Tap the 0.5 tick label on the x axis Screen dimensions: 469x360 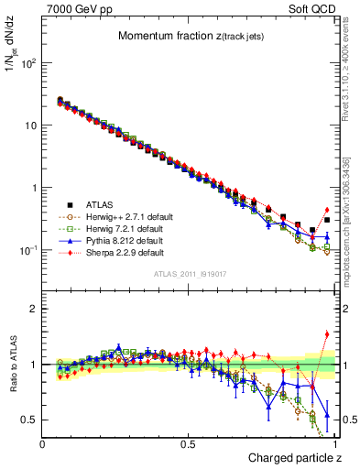[x=189, y=443]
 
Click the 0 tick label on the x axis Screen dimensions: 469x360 [x=43, y=443]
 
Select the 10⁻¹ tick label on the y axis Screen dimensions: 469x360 [x=28, y=250]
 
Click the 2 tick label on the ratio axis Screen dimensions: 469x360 [x=33, y=309]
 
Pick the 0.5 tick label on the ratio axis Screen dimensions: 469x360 [x=30, y=420]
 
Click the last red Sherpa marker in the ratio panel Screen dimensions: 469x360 [x=327, y=334]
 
